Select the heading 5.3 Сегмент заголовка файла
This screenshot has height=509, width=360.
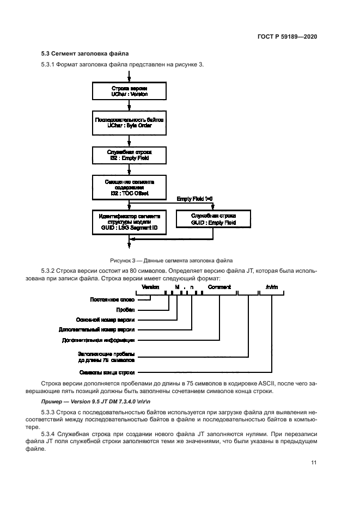(81, 54)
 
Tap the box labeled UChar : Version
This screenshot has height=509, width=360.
(129, 91)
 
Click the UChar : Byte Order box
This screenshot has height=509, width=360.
(129, 122)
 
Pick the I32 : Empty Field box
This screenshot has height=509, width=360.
(129, 155)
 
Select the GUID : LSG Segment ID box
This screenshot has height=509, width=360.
(129, 220)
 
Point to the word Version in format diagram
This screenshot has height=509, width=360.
(150, 287)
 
